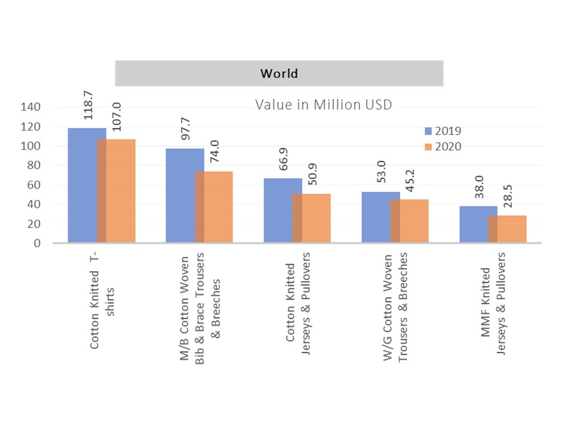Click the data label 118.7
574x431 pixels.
88,105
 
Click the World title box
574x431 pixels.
279,74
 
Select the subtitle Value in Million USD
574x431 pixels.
323,105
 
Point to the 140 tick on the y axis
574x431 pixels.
31,108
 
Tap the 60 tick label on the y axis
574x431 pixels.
34,185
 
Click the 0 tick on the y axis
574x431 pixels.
37,244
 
